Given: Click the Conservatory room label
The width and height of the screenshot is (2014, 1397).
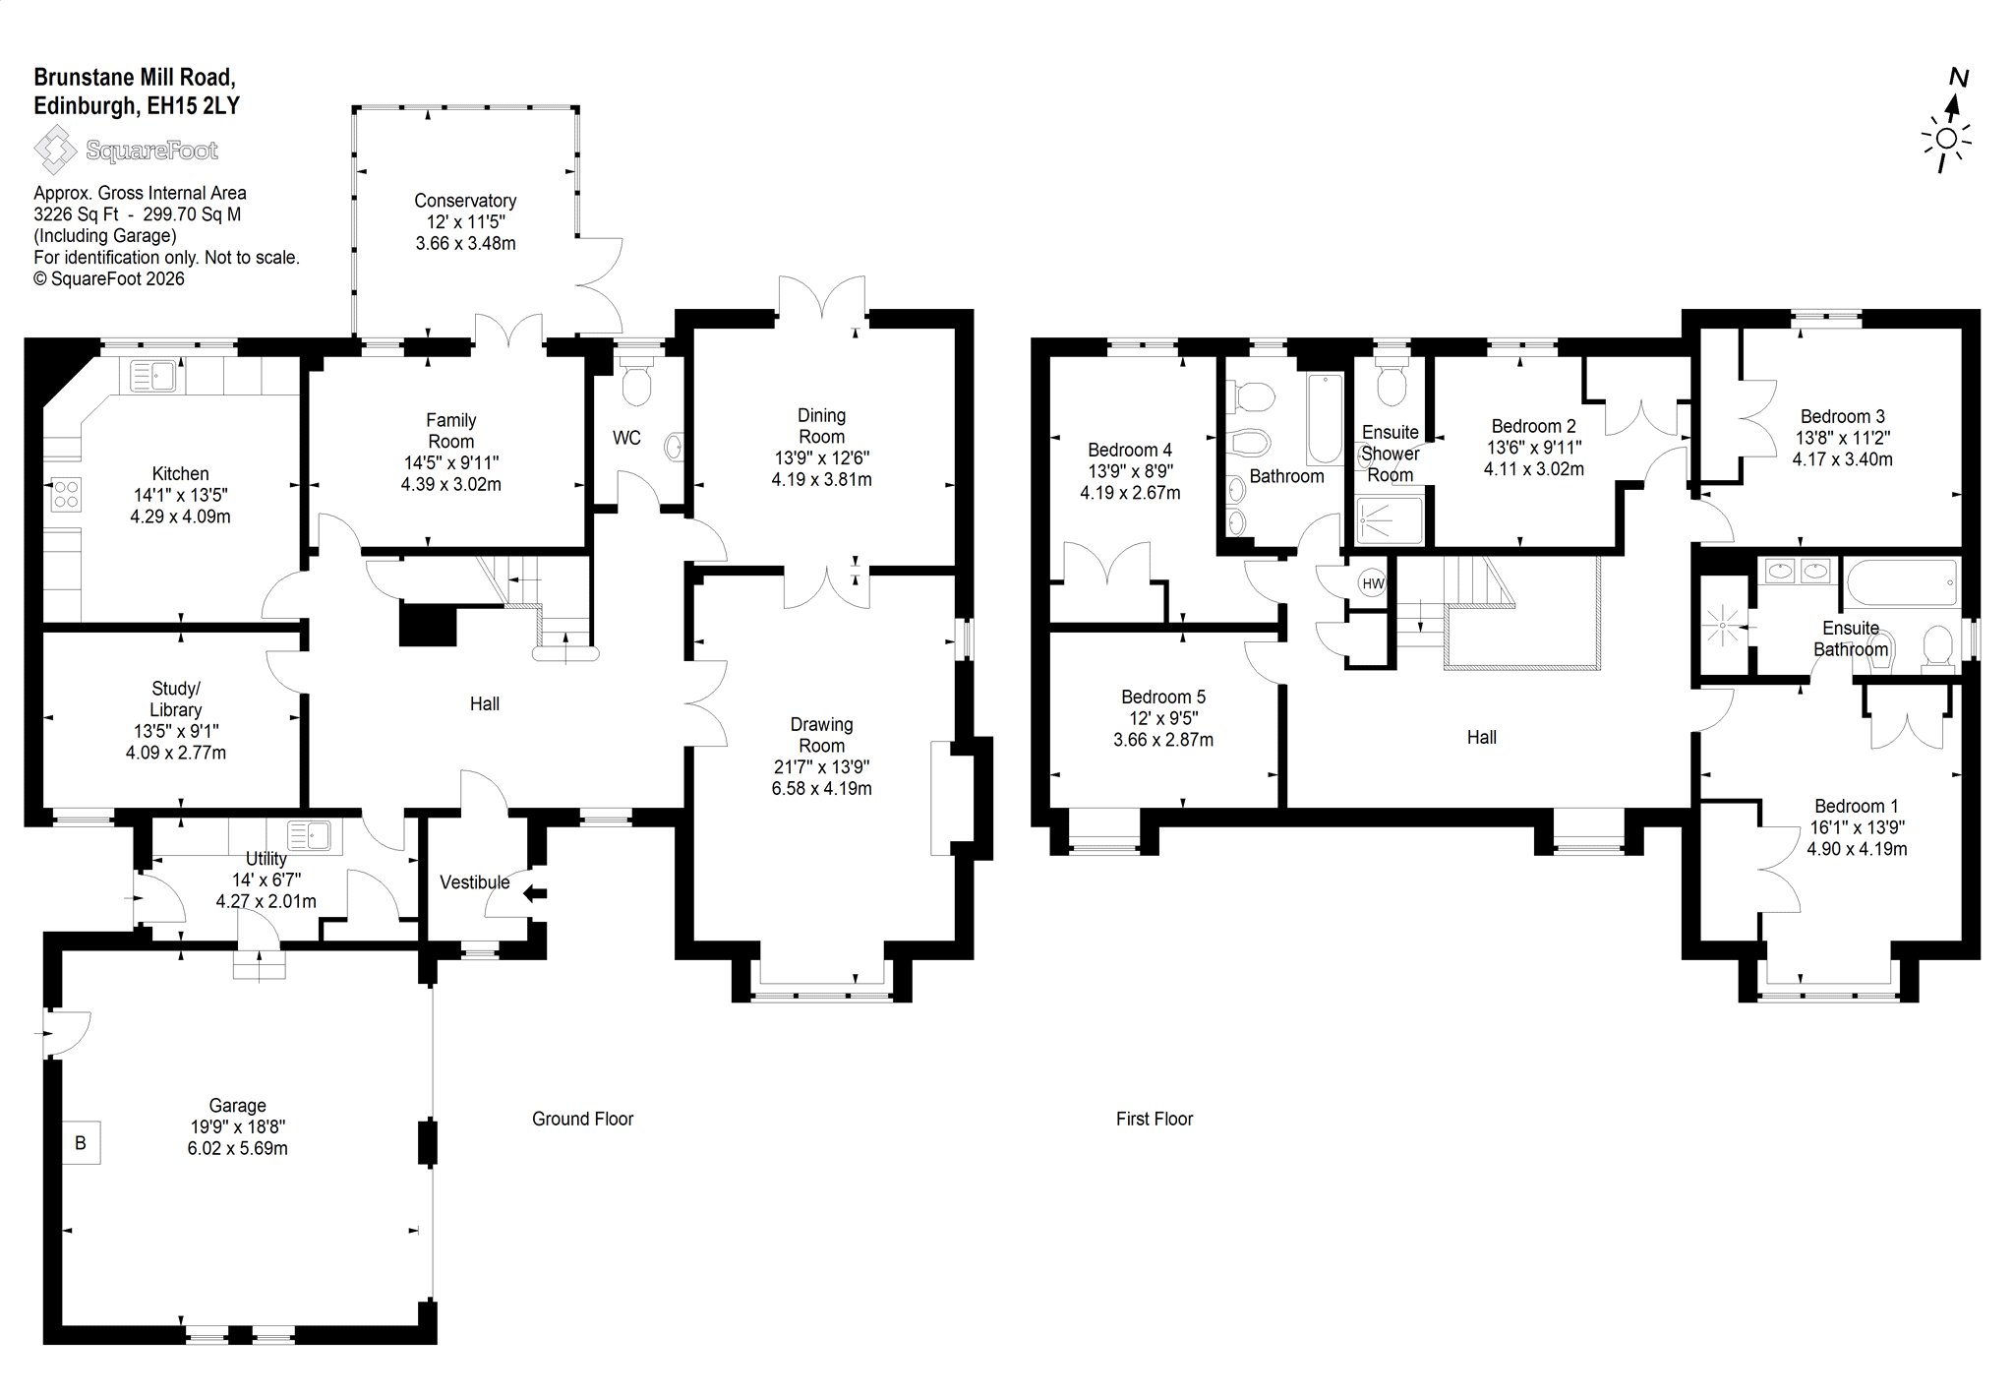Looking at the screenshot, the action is pyautogui.click(x=465, y=201).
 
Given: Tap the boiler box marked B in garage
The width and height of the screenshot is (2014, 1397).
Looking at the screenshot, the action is pyautogui.click(x=81, y=1142).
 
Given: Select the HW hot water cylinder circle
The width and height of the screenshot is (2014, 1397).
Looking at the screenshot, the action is pyautogui.click(x=1373, y=583).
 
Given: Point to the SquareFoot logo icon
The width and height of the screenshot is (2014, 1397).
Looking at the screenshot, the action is pyautogui.click(x=55, y=151).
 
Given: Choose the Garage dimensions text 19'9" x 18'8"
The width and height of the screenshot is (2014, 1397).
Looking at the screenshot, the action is pyautogui.click(x=237, y=1126).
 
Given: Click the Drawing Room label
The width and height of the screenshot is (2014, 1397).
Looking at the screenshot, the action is pyautogui.click(x=822, y=735).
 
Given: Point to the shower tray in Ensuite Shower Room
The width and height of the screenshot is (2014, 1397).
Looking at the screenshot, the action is pyautogui.click(x=1389, y=520).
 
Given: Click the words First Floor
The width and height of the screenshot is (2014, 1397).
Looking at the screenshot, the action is pyautogui.click(x=1155, y=1119).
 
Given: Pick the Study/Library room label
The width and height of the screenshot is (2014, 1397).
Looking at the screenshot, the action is pyautogui.click(x=176, y=698).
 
